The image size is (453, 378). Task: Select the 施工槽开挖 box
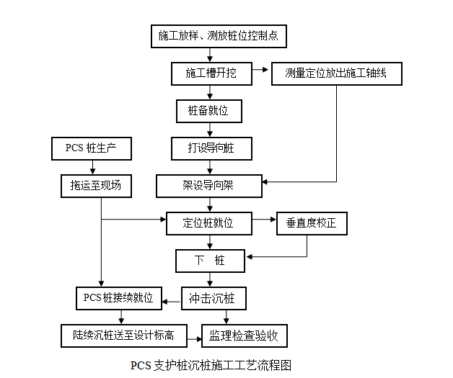point(210,73)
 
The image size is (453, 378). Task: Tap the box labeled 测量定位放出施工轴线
point(337,73)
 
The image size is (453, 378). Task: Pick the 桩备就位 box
point(209,111)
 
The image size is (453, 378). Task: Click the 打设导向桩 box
point(209,148)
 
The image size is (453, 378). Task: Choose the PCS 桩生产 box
point(91,148)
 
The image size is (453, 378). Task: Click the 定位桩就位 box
point(208,223)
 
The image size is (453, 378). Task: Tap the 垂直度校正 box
point(312,223)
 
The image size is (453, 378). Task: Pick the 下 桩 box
point(210,260)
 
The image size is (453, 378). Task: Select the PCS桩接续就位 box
point(118,297)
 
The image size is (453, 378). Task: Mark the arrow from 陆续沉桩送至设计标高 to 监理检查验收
point(193,335)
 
